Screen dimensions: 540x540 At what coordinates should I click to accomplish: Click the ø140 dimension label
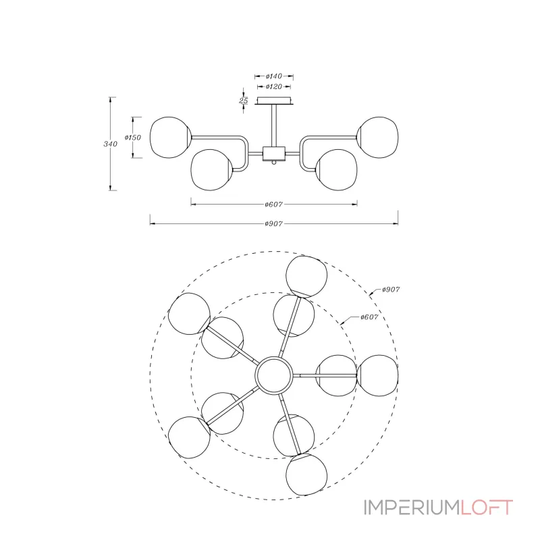click(x=274, y=76)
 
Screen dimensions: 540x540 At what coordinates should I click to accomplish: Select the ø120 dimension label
click(x=274, y=86)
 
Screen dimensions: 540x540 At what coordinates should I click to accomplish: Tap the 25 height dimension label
click(x=244, y=101)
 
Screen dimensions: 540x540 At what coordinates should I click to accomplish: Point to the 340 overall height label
click(x=110, y=144)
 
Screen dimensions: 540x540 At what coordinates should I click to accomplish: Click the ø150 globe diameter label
click(x=133, y=138)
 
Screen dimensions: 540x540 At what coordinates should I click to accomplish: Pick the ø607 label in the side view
click(x=274, y=205)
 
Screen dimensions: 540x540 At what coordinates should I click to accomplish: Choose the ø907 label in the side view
click(x=274, y=223)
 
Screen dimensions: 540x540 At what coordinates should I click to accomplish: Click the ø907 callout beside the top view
click(x=391, y=290)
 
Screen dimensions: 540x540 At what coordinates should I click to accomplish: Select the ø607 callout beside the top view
click(x=369, y=317)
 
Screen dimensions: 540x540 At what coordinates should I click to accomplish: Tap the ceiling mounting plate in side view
click(x=274, y=101)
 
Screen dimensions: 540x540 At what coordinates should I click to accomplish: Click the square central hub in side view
click(x=274, y=154)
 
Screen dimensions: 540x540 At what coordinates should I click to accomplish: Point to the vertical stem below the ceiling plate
click(x=274, y=126)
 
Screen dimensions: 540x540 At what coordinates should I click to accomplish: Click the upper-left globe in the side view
click(x=170, y=138)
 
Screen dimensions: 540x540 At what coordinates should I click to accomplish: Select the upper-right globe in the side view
click(x=378, y=138)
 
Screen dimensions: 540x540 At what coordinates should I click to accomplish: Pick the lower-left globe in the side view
click(x=211, y=170)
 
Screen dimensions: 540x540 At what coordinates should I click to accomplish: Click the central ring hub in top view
click(x=274, y=375)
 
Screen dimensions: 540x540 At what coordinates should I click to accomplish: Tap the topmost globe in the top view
click(x=306, y=276)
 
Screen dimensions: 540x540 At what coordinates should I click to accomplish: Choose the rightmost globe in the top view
click(x=378, y=375)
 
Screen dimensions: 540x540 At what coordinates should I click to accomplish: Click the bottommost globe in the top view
click(x=306, y=475)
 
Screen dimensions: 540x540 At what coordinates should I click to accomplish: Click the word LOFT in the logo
click(x=487, y=508)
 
